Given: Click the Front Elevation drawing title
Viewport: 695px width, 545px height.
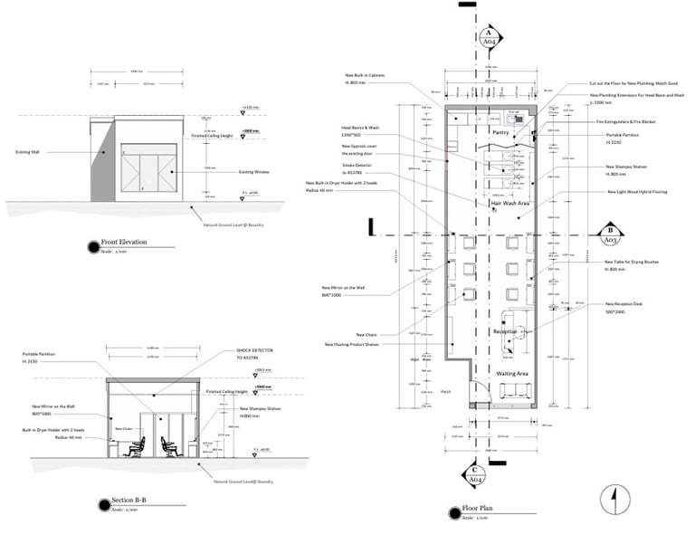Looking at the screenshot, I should [x=124, y=243].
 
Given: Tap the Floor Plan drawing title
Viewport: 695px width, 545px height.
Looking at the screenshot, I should [x=476, y=509].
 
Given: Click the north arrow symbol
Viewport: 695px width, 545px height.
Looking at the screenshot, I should [x=614, y=496].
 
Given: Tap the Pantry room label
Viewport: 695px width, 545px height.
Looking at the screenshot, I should [x=503, y=132].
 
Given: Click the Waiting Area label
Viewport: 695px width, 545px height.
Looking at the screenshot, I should [x=511, y=372].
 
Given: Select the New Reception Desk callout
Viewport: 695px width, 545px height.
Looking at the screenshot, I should [x=623, y=305].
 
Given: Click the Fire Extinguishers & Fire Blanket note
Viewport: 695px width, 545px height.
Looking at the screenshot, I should [x=624, y=120].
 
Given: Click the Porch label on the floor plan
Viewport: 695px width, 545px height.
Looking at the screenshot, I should [x=445, y=391].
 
